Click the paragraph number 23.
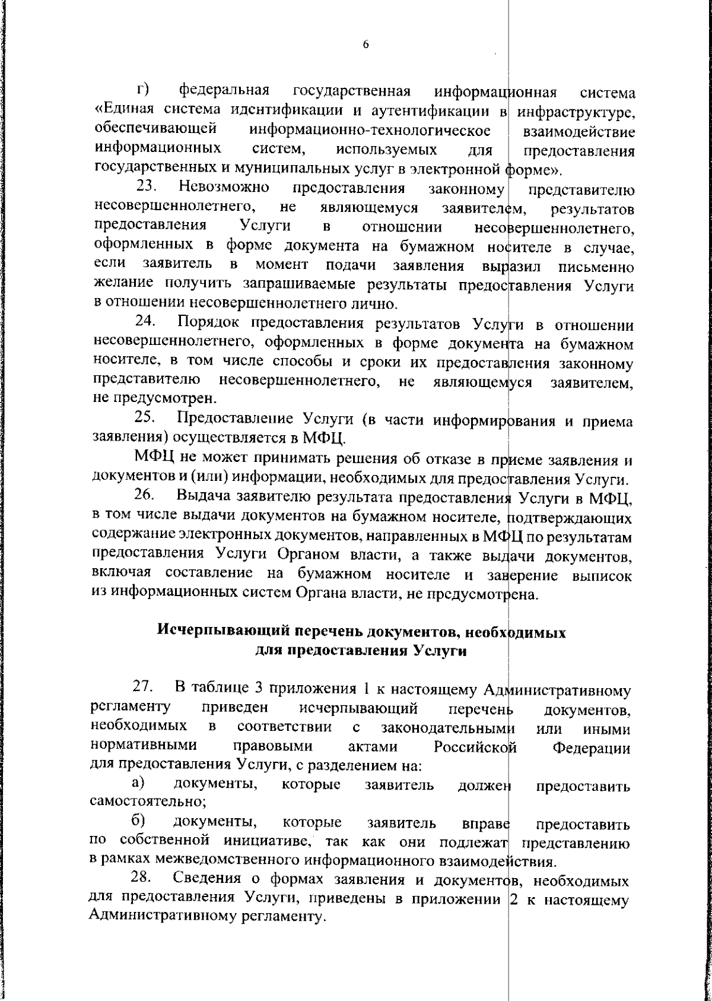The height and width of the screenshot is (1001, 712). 146,188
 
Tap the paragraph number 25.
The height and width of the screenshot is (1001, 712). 145,419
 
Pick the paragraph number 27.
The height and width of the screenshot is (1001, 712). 144,689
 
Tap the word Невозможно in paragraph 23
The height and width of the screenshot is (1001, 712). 223,188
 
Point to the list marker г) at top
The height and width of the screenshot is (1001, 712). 142,91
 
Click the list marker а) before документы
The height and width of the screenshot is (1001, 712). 138,785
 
